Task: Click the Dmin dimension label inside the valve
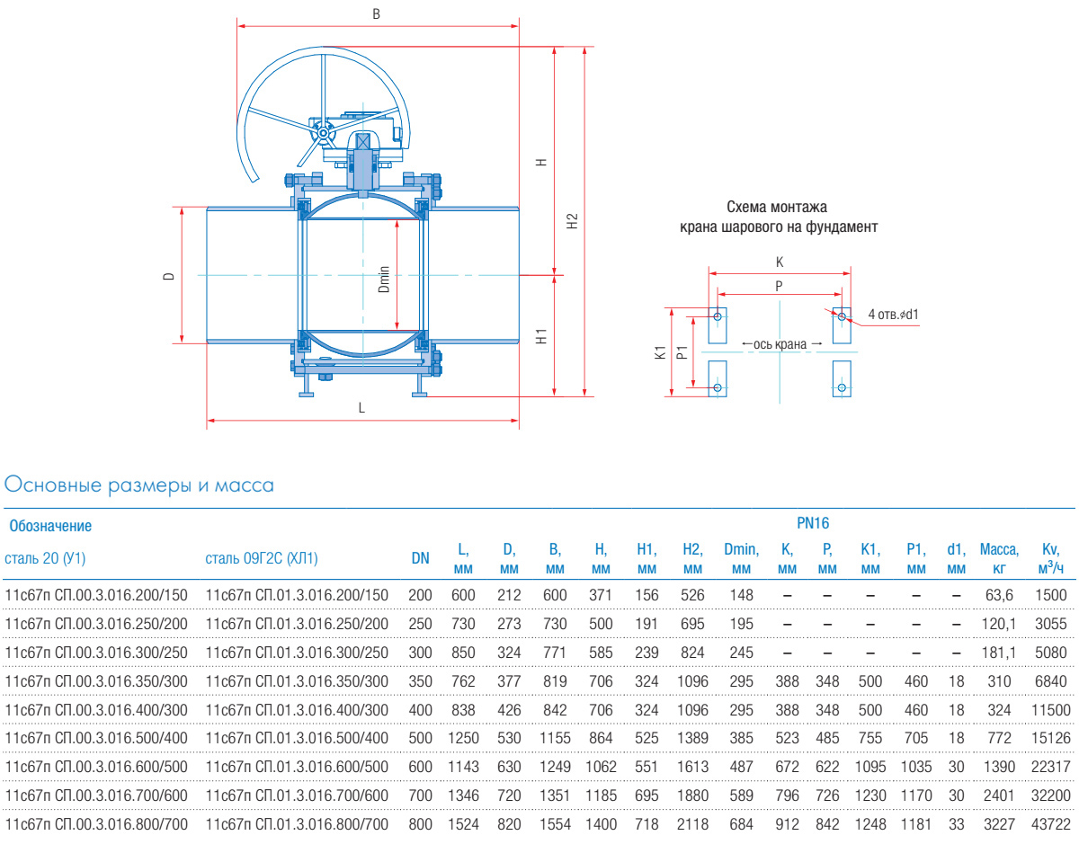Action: coord(384,279)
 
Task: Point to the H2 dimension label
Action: coord(573,220)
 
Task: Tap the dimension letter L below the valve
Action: coord(361,407)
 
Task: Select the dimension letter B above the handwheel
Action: coord(376,14)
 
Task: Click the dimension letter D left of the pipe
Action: coord(168,276)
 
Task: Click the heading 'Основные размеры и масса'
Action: coord(139,485)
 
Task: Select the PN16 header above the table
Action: coord(813,523)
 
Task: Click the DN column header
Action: coord(421,557)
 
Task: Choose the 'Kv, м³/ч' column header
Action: coord(1050,557)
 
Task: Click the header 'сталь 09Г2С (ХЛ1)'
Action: coord(262,557)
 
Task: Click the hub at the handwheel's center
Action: coord(322,134)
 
